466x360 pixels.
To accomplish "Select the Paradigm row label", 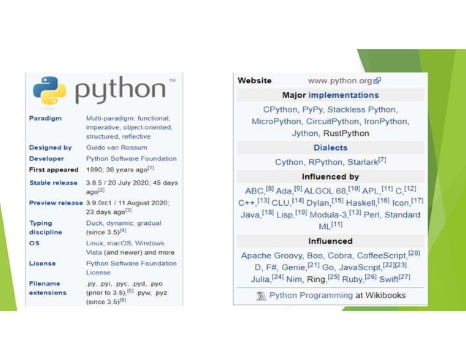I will (x=45, y=118).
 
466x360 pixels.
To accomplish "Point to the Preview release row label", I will (x=56, y=203).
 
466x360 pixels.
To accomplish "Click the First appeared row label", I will (x=53, y=169).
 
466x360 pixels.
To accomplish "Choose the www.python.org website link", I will (x=340, y=81).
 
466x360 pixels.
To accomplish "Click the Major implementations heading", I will (x=330, y=95).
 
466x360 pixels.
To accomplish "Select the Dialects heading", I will (x=330, y=148).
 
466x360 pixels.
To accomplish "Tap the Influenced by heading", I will (x=330, y=177).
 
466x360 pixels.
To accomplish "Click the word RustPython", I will (x=345, y=134).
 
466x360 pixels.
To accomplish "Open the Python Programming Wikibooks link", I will (x=310, y=296).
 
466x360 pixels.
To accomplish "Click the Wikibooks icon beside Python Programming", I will (x=261, y=296).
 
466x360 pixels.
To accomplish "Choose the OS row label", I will (x=34, y=243).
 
